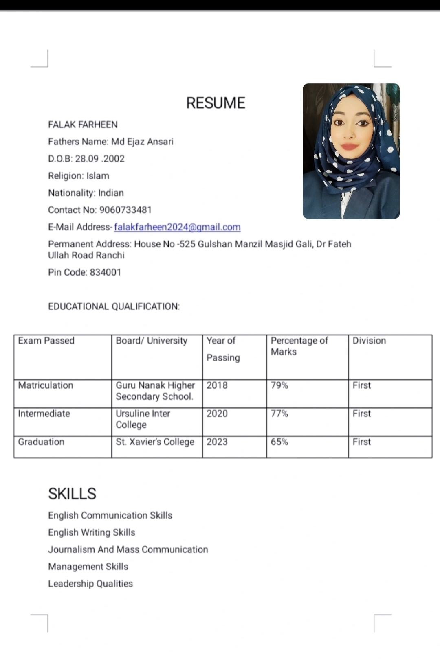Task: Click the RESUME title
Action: click(x=216, y=103)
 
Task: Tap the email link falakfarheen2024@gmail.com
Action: click(x=177, y=227)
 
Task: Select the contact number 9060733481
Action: click(x=125, y=210)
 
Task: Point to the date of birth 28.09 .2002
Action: click(x=100, y=159)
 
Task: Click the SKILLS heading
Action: click(x=72, y=494)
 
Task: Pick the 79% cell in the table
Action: click(x=279, y=385)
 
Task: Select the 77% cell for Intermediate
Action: click(x=279, y=414)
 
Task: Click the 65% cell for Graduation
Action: click(x=279, y=442)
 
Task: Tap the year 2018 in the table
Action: click(x=217, y=385)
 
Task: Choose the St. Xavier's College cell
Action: click(x=155, y=442)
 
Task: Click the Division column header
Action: click(x=369, y=341)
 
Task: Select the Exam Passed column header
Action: click(x=46, y=341)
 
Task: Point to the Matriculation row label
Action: click(x=46, y=385)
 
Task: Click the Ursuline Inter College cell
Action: click(x=143, y=419)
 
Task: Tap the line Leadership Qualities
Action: click(x=90, y=584)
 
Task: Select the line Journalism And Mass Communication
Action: click(x=128, y=549)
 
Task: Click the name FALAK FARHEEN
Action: click(x=83, y=125)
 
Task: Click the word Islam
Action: click(x=98, y=176)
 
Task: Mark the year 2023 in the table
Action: click(x=217, y=442)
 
